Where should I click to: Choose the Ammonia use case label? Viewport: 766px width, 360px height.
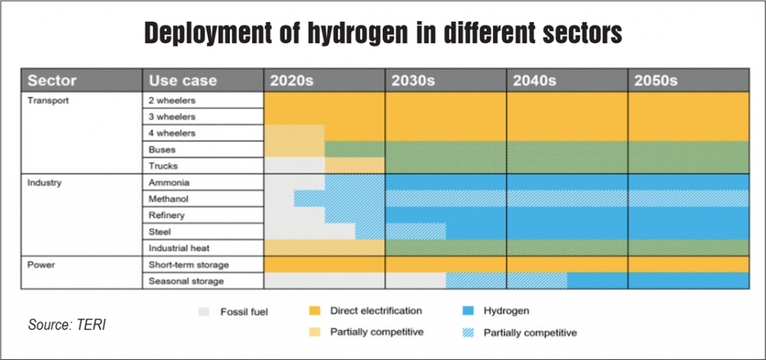point(165,183)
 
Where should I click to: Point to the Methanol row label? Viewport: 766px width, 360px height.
point(168,199)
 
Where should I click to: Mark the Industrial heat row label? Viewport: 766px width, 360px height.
point(179,248)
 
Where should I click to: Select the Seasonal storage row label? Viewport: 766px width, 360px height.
point(186,281)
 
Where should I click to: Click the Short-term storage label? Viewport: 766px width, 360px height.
point(189,264)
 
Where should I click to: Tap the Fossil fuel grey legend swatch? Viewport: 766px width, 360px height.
point(203,311)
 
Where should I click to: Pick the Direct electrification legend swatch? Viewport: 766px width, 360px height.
point(315,311)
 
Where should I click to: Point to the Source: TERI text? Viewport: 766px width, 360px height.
point(67,325)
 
